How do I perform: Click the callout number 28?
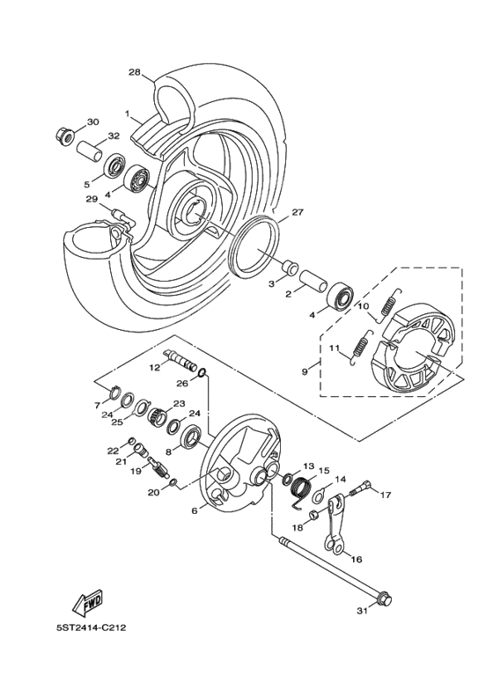click(x=134, y=72)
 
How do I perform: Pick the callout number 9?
click(x=305, y=372)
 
